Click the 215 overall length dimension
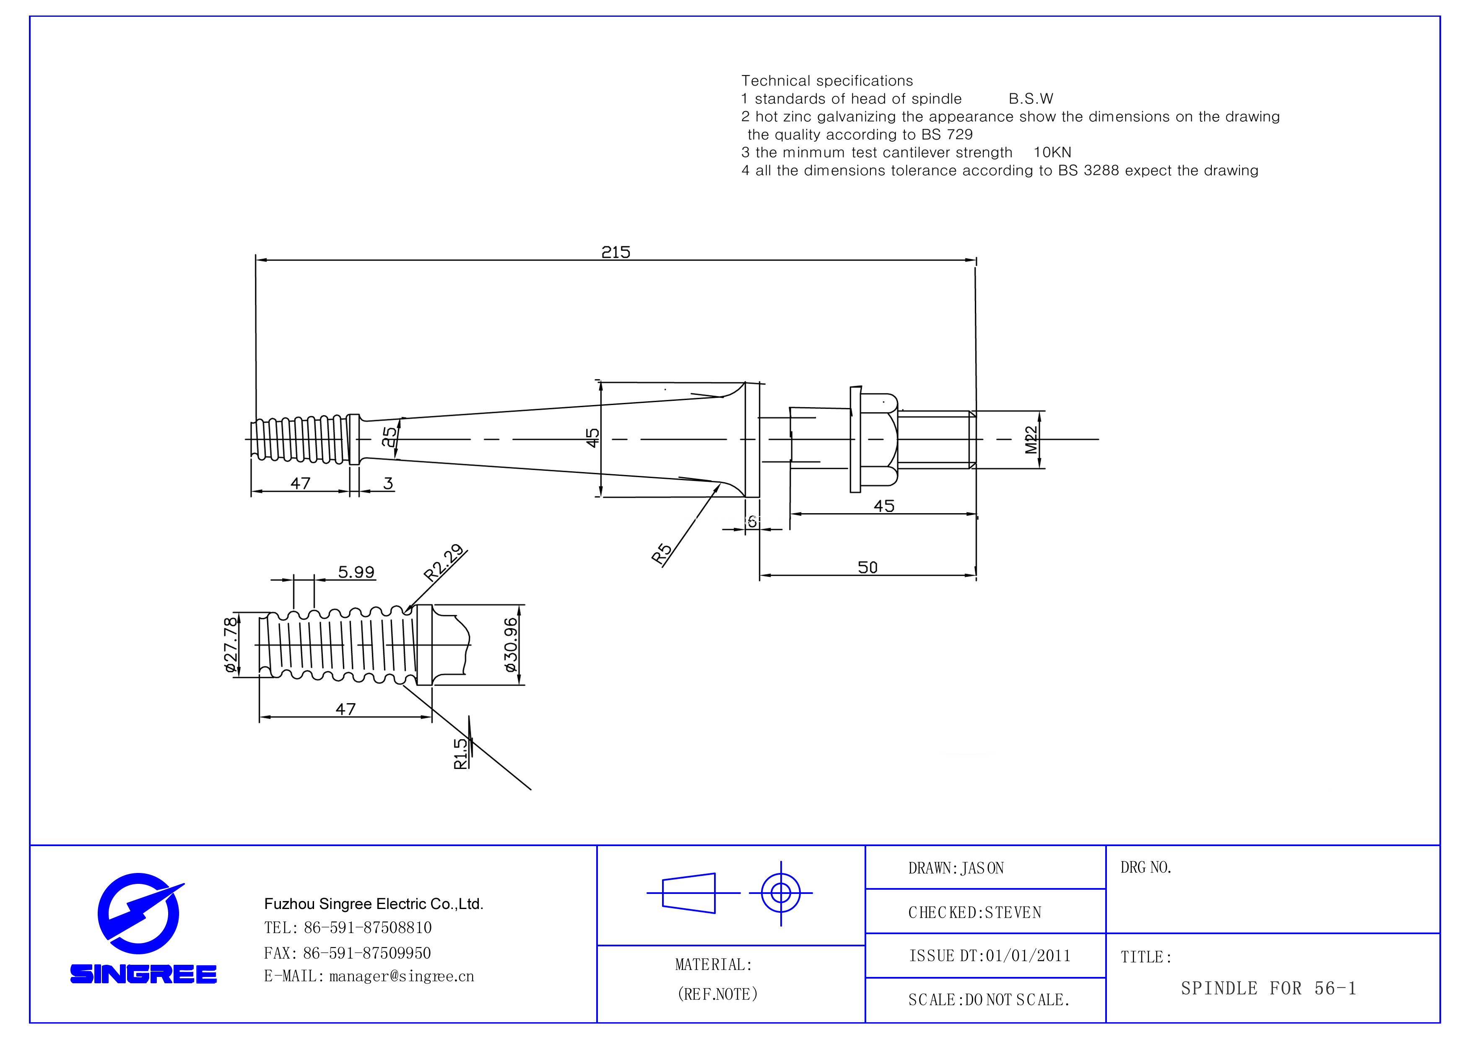pos(615,252)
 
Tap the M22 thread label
pos(1031,440)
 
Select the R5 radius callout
pos(661,553)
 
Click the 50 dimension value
pos(867,567)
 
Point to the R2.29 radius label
pos(444,562)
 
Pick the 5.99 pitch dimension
pos(356,571)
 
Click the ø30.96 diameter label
pos(510,644)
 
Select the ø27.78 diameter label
pos(231,644)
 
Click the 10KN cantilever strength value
pos(1052,152)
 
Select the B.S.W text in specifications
pos(1030,99)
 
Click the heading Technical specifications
pos(826,81)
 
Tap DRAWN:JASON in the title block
pos(955,868)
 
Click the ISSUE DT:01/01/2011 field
pos(989,956)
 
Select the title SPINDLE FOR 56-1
pos(1268,988)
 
